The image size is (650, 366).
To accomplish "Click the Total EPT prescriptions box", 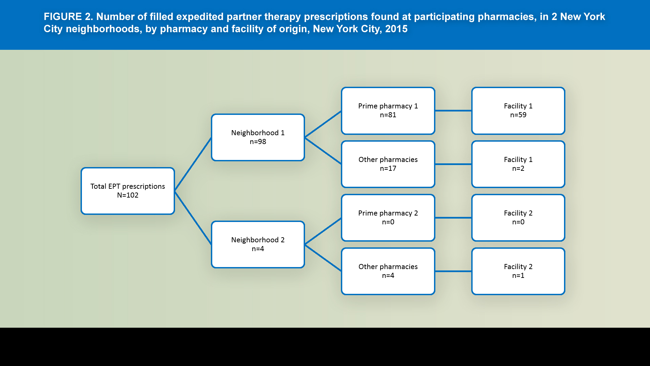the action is pos(128,191).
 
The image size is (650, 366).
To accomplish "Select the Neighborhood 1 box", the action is pos(258,137).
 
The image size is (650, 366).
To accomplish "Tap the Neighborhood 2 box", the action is pos(258,244).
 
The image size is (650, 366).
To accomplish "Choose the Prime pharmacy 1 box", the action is pos(388,110).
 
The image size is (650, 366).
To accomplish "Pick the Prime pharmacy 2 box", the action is pos(388,218).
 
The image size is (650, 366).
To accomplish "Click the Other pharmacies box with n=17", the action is pos(388,164).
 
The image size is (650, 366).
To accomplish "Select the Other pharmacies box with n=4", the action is pos(388,271).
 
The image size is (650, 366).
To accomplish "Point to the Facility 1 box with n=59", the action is pos(518,110).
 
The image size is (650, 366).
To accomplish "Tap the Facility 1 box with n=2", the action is pos(518,164).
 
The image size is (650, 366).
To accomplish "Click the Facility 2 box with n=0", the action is pos(518,218).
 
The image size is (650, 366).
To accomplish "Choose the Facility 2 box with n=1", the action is pos(518,271).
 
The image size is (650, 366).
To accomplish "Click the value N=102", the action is pos(128,195).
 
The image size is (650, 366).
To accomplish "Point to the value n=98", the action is pos(258,142).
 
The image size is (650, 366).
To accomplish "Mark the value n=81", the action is pos(388,115).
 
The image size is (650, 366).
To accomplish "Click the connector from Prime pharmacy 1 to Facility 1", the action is pos(453,110).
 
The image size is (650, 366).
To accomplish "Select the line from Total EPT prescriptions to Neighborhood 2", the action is pos(193,218).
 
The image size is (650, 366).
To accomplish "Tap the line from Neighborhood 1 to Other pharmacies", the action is pos(323,151).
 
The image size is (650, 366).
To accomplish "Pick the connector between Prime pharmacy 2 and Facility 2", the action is pos(453,218).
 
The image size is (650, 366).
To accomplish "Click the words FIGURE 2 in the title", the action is pos(68,17).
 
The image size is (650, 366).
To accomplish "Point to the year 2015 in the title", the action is pos(396,29).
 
